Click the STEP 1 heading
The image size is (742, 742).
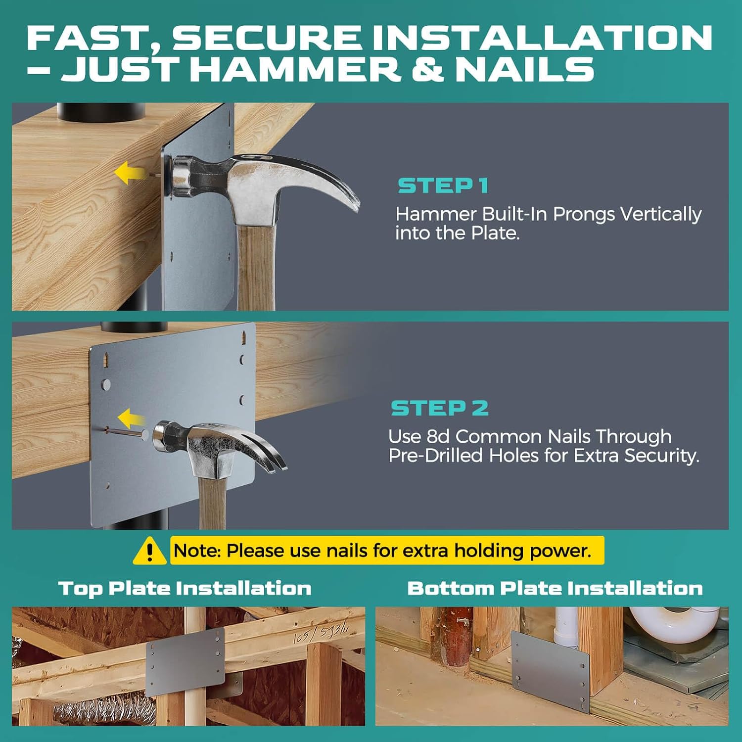(x=443, y=186)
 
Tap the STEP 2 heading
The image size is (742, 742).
(x=440, y=408)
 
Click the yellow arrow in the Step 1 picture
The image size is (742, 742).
(x=130, y=172)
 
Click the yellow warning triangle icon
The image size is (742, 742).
(x=149, y=551)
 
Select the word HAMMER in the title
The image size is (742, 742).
(x=295, y=69)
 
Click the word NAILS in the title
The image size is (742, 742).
(x=524, y=69)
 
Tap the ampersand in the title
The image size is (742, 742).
(x=428, y=69)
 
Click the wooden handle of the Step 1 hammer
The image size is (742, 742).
(x=256, y=267)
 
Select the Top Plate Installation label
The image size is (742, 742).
(x=185, y=588)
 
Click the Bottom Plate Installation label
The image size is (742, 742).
(x=555, y=588)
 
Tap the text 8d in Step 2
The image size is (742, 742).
(x=438, y=436)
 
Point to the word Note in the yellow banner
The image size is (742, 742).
(x=197, y=551)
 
